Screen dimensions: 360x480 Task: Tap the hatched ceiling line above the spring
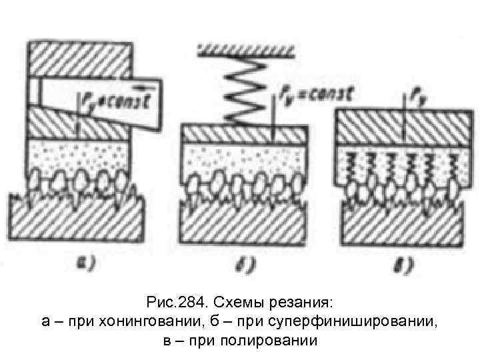click(247, 47)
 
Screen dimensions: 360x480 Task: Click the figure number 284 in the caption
click(189, 305)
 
